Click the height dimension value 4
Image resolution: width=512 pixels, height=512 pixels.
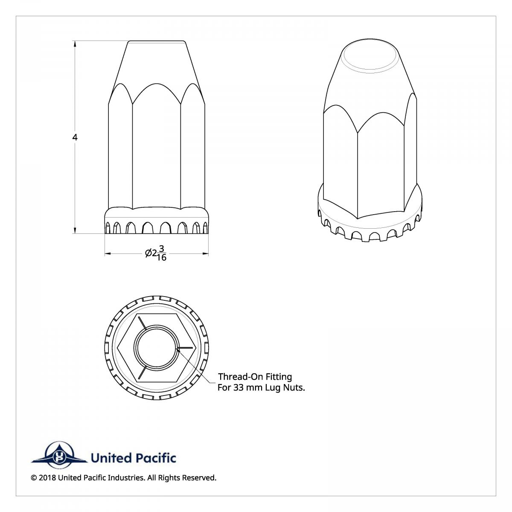click(75, 137)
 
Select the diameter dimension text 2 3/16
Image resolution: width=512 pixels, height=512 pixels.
click(159, 253)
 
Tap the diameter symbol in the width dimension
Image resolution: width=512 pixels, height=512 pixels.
click(148, 253)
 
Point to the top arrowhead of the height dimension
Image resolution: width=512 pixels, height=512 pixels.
click(75, 45)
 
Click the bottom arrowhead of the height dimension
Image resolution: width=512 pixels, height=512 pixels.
click(75, 229)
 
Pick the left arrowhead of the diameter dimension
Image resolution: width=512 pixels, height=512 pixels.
click(108, 253)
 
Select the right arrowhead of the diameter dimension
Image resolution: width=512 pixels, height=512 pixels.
click(205, 253)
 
